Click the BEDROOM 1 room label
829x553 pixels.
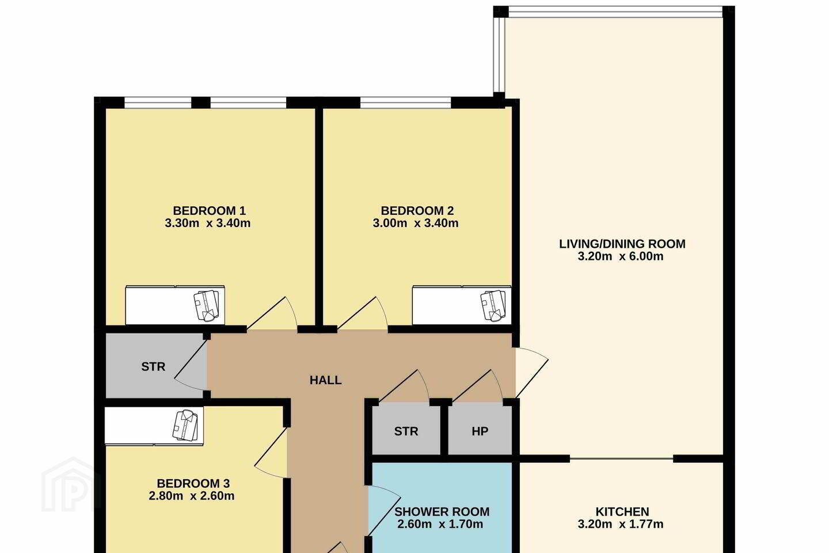pyautogui.click(x=209, y=211)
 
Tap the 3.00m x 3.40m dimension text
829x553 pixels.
pyautogui.click(x=415, y=223)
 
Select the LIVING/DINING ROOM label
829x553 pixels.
pyautogui.click(x=622, y=244)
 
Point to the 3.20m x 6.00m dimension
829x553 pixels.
pyautogui.click(x=621, y=256)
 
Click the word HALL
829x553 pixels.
pyautogui.click(x=325, y=380)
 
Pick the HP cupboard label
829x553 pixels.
pyautogui.click(x=480, y=431)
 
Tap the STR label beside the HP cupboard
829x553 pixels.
pyautogui.click(x=406, y=431)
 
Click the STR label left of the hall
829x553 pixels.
pyautogui.click(x=153, y=367)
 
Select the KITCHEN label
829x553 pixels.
pyautogui.click(x=622, y=512)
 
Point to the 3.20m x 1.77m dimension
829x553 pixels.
pyautogui.click(x=621, y=524)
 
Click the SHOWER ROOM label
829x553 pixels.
pyautogui.click(x=442, y=512)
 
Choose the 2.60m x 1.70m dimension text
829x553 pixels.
pyautogui.click(x=440, y=524)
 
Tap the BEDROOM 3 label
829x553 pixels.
pyautogui.click(x=193, y=483)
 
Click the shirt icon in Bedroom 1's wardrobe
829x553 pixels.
pyautogui.click(x=207, y=305)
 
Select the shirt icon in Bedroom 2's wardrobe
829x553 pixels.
pyautogui.click(x=493, y=305)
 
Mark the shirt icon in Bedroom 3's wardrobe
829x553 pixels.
pyautogui.click(x=185, y=425)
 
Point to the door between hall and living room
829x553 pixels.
pyautogui.click(x=532, y=373)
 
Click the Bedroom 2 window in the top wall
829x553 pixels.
pyautogui.click(x=406, y=102)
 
